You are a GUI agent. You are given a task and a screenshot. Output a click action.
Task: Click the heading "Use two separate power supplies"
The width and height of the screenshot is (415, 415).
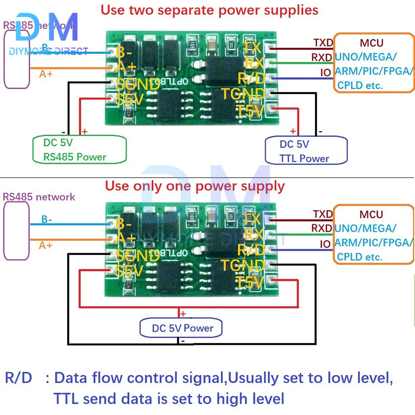coord(210,10)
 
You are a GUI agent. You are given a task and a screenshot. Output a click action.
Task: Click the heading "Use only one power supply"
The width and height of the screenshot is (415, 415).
coord(195,186)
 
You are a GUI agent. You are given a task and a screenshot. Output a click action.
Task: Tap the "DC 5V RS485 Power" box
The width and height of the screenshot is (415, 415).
coord(79,150)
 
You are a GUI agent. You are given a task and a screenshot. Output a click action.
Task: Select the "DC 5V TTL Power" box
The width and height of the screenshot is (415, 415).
coord(305,151)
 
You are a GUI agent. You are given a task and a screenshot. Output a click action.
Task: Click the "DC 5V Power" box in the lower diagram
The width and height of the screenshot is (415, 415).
coord(182,328)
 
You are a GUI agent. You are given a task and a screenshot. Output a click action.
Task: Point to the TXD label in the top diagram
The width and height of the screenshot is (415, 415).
coord(323,43)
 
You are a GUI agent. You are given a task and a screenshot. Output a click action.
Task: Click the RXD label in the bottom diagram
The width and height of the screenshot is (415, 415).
coord(322,228)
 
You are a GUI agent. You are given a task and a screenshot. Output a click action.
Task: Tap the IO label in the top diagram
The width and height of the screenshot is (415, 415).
coord(325,73)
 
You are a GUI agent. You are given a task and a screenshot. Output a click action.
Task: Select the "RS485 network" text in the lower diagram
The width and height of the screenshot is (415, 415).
coord(39,197)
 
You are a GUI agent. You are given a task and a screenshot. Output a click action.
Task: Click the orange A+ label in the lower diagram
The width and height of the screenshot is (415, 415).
coord(46,245)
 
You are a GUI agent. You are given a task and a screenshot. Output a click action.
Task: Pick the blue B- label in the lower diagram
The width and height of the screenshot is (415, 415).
coord(46,220)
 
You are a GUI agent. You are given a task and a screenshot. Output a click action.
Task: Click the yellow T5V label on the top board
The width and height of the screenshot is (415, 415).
coord(250,111)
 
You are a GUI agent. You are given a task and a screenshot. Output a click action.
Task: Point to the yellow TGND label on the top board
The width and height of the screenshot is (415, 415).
coord(242,94)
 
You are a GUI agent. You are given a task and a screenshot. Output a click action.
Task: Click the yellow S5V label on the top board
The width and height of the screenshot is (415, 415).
coord(129,100)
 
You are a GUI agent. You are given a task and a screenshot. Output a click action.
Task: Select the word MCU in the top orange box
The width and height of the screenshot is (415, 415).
coord(371,42)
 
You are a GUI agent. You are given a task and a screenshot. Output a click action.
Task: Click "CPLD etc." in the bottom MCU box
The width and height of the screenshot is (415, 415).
coord(359,257)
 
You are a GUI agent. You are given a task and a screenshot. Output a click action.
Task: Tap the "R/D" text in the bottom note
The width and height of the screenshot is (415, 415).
coord(18,378)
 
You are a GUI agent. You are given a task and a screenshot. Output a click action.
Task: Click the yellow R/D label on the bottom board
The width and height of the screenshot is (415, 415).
coord(251,250)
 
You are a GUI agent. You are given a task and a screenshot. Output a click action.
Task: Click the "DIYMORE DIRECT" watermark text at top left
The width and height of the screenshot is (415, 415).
coord(48,51)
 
